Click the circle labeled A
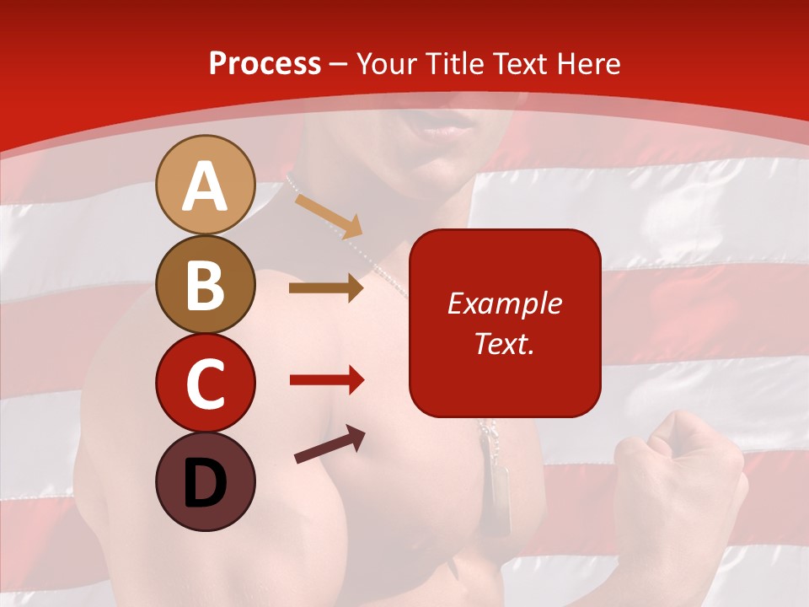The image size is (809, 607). (x=205, y=185)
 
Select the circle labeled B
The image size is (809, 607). (x=205, y=284)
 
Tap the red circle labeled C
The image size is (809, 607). (x=205, y=383)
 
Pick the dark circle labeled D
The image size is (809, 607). (x=205, y=481)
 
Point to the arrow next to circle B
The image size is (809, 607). (x=326, y=288)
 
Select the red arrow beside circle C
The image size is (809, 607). (x=326, y=380)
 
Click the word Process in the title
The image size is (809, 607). (x=265, y=64)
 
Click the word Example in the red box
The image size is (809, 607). (x=504, y=303)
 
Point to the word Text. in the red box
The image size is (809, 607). (x=504, y=343)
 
